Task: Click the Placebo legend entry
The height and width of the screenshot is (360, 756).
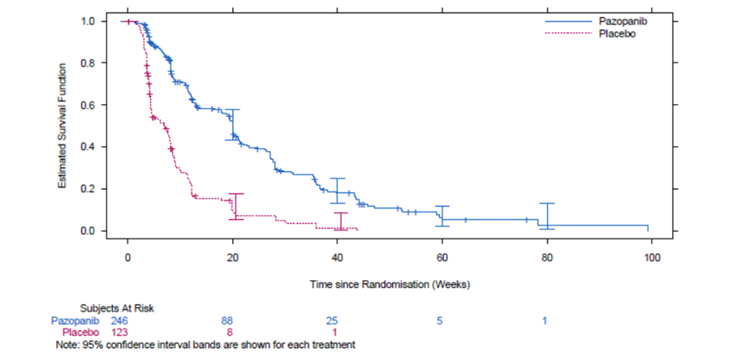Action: pos(587,34)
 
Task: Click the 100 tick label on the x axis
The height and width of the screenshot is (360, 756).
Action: pos(652,258)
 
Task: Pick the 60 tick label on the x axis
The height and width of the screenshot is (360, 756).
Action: pos(442,258)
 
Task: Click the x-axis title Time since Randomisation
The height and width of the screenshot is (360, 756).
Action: pos(390,284)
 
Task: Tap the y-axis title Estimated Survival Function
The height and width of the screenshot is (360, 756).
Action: pos(62,126)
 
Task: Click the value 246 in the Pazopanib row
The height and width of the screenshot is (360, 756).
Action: pos(119,321)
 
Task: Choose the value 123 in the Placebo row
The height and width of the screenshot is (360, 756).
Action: pos(119,333)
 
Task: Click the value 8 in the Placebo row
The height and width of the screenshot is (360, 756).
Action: pos(230,333)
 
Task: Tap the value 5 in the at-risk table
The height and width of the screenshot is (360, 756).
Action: pos(440,321)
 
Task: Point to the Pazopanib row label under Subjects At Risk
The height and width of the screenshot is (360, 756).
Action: pos(75,321)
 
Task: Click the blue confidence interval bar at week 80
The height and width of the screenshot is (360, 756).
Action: pos(547,216)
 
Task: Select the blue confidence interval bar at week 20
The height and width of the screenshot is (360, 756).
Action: pos(232,124)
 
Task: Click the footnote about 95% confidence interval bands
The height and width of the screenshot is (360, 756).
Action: pos(206,345)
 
